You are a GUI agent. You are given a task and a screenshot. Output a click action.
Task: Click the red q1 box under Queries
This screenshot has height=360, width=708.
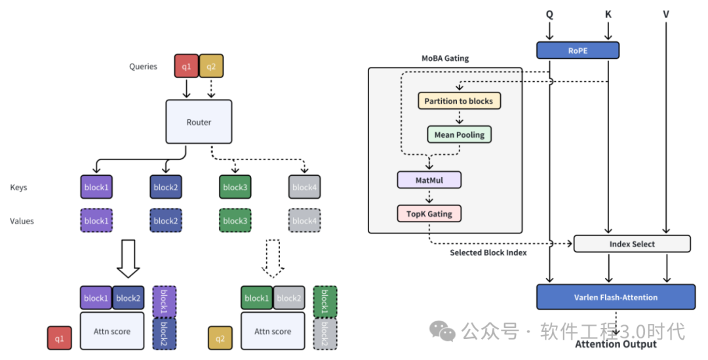[x=186, y=66]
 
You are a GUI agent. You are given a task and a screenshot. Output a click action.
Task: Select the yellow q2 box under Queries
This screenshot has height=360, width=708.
[x=211, y=66]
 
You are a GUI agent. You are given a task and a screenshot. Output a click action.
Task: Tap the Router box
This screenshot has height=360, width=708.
[x=199, y=122]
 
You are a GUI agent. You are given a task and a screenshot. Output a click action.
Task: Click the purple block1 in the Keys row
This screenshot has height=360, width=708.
[x=96, y=188]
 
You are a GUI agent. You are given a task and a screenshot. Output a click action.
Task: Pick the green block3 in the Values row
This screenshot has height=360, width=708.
[x=235, y=221]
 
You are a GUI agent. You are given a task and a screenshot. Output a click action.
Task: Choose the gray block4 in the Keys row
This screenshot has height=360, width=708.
[x=304, y=188]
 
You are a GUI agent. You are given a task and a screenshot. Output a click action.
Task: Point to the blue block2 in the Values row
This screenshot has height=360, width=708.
[x=165, y=221]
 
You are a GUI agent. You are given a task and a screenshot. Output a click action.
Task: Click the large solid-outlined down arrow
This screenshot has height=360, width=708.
[x=128, y=260]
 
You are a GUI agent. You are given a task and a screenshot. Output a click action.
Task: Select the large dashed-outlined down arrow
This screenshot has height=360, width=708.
[x=273, y=260]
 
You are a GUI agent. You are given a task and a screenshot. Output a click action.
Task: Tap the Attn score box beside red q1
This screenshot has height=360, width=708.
[x=112, y=331]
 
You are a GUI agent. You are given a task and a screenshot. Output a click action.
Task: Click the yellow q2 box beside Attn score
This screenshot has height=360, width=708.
[x=220, y=338]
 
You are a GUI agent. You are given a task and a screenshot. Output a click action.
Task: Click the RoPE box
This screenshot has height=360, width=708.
[x=577, y=50]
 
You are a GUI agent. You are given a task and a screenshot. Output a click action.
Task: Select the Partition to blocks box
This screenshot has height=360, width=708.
[x=459, y=101]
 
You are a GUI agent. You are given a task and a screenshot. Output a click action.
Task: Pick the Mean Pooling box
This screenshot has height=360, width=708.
[x=459, y=135]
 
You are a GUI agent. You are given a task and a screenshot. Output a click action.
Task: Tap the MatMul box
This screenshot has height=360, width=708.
[x=429, y=180]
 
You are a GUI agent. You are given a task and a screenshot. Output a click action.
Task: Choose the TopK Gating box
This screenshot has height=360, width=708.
[x=429, y=213]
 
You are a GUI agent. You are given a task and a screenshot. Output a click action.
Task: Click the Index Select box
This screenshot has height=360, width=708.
[x=632, y=244]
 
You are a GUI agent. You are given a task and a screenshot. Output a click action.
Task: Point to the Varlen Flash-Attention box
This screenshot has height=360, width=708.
[x=616, y=297]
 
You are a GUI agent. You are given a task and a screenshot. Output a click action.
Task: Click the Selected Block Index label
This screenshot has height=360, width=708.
[x=488, y=252]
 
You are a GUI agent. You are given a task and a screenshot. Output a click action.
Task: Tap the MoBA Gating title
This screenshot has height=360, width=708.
[x=445, y=58]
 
